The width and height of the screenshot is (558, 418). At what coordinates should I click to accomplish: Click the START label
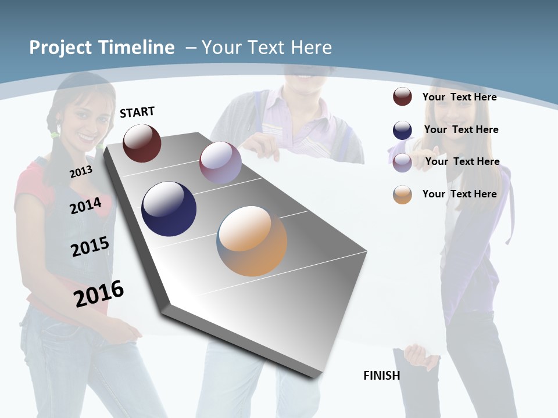click(137, 112)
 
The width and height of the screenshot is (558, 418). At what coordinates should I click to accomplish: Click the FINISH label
click(382, 376)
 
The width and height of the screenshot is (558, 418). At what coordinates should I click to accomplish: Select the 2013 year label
click(81, 172)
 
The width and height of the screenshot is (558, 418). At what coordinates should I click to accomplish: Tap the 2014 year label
click(85, 206)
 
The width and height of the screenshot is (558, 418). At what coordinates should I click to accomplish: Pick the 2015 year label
click(90, 247)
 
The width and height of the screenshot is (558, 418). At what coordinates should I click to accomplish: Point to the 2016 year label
click(99, 293)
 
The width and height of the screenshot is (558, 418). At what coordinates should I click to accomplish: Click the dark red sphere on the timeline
click(142, 143)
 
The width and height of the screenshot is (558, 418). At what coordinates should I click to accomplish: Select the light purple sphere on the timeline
click(220, 163)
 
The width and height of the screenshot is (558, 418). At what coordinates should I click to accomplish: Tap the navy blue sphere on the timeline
click(169, 209)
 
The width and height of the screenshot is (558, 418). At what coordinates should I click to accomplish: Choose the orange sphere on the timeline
click(252, 240)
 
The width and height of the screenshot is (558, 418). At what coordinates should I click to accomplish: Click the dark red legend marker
click(402, 96)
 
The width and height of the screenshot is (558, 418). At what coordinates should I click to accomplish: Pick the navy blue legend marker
click(402, 130)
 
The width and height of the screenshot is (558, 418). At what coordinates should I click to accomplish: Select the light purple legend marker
click(402, 162)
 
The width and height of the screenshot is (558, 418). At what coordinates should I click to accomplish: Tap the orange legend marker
click(402, 194)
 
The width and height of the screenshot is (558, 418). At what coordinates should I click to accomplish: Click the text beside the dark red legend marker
click(459, 97)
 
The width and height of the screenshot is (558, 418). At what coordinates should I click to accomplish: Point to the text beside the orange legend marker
click(459, 194)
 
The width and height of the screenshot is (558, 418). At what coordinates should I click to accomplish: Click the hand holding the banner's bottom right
click(420, 355)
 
